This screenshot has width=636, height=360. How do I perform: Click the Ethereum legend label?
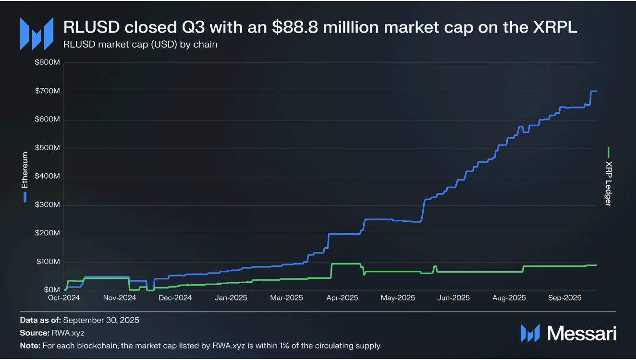(25, 170)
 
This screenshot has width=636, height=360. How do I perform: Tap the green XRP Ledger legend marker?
(608, 153)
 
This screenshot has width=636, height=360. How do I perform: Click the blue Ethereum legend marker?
(25, 197)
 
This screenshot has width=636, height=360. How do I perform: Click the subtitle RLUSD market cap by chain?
(140, 45)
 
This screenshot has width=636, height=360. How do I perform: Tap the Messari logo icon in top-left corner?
(36, 34)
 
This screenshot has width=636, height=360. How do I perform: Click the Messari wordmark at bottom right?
(582, 333)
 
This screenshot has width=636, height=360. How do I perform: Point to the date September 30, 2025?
(101, 320)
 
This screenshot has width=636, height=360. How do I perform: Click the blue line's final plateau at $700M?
(594, 91)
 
